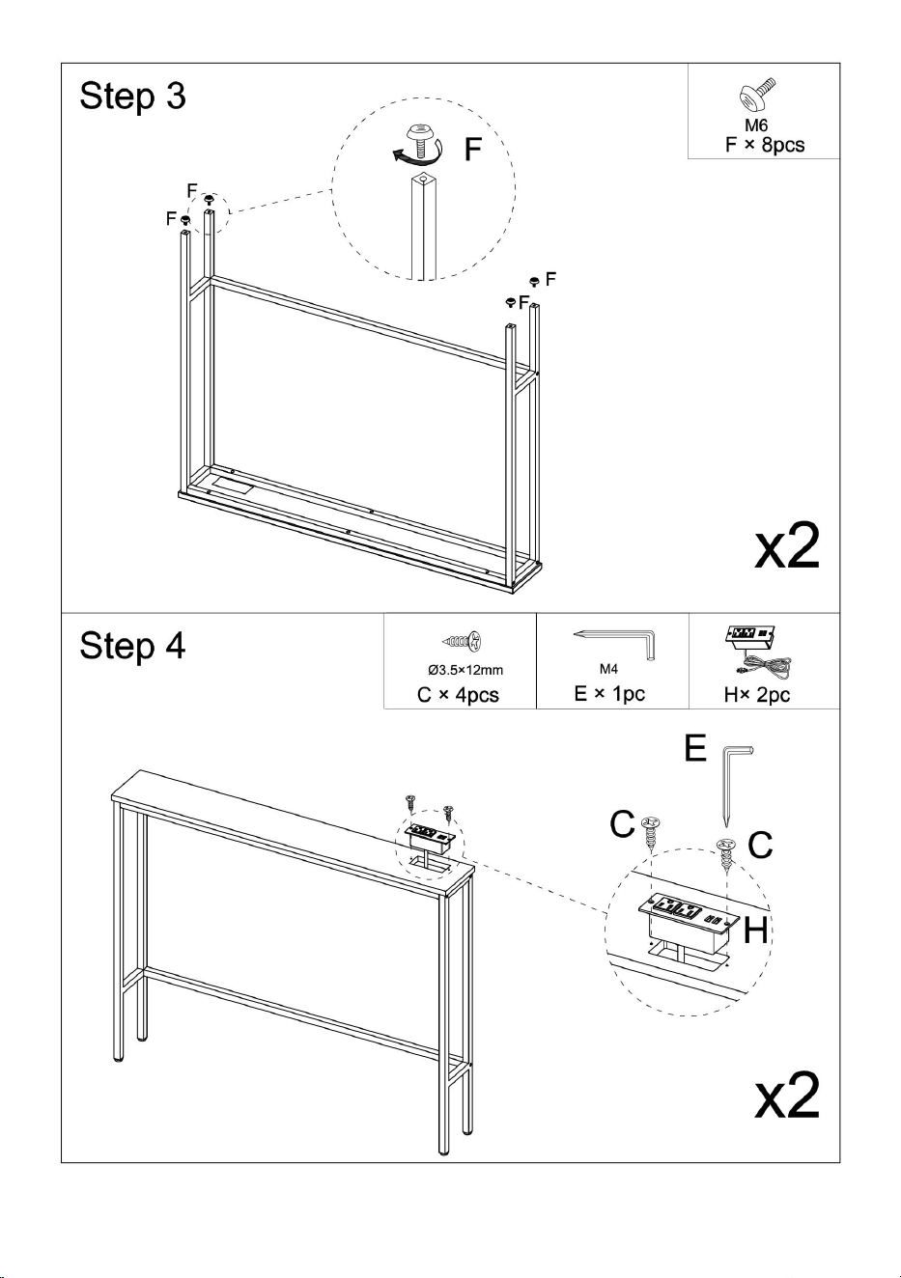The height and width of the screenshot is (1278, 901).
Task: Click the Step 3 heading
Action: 132,96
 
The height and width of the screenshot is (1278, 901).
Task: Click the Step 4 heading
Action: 132,647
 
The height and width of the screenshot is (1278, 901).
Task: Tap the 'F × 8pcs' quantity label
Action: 765,145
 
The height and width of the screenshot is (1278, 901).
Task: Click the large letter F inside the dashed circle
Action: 473,149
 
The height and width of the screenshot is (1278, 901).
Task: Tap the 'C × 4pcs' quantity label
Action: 458,695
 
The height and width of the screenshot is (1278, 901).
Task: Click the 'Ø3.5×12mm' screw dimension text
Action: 465,670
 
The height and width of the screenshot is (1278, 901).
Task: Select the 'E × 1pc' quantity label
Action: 609,694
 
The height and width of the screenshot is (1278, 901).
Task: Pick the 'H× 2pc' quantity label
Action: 757,695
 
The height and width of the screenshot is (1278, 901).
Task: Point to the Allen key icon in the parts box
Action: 614,644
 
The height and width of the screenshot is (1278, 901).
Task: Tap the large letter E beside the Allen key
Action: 695,748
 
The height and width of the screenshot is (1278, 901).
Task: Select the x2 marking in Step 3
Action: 787,546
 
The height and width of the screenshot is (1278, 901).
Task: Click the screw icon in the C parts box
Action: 462,641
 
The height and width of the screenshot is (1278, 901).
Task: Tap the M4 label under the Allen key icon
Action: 608,669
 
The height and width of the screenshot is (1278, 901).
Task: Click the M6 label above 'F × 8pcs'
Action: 756,125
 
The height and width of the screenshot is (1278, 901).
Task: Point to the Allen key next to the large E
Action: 733,786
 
